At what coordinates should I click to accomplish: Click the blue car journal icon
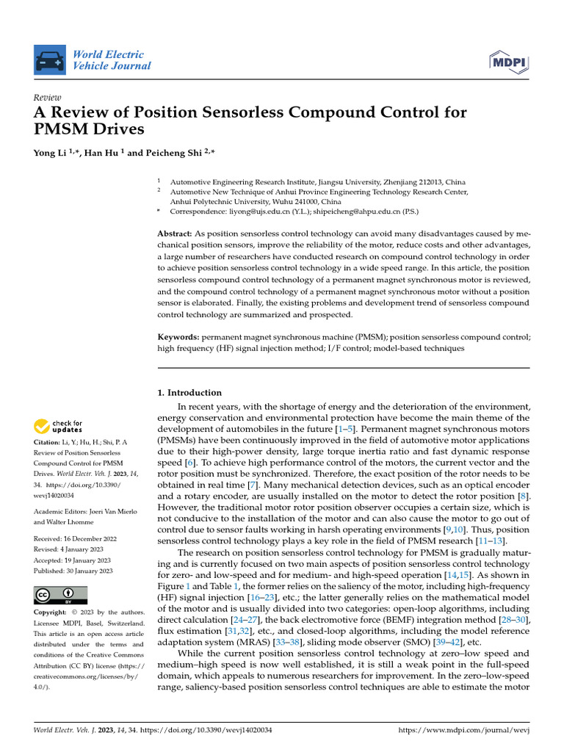coord(50,59)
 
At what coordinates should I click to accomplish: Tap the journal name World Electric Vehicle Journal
coord(112,60)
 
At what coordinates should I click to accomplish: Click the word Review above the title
coord(48,97)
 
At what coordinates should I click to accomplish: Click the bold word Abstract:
coord(174,233)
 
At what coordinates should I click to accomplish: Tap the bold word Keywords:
coord(178,336)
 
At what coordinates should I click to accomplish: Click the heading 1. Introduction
coord(190,393)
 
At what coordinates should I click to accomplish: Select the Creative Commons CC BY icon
coord(61,595)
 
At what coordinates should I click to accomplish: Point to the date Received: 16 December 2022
coord(73,538)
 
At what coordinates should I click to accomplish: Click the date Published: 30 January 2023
coord(73,570)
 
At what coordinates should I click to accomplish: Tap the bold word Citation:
coord(48,442)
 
